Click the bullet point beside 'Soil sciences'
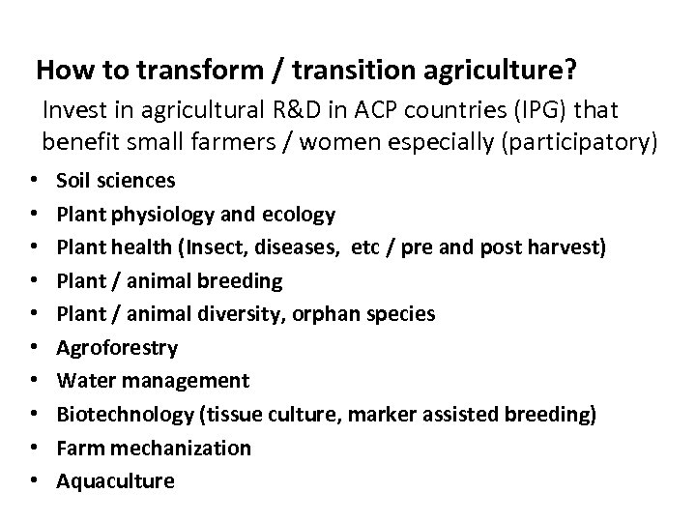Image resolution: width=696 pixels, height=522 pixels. tap(34, 180)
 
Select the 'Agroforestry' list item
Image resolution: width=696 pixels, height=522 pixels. tap(117, 348)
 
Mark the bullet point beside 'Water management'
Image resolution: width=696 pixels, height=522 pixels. tap(34, 381)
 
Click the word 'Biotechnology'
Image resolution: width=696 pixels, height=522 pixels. tap(124, 415)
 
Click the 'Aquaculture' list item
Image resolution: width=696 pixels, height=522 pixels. tap(116, 481)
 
